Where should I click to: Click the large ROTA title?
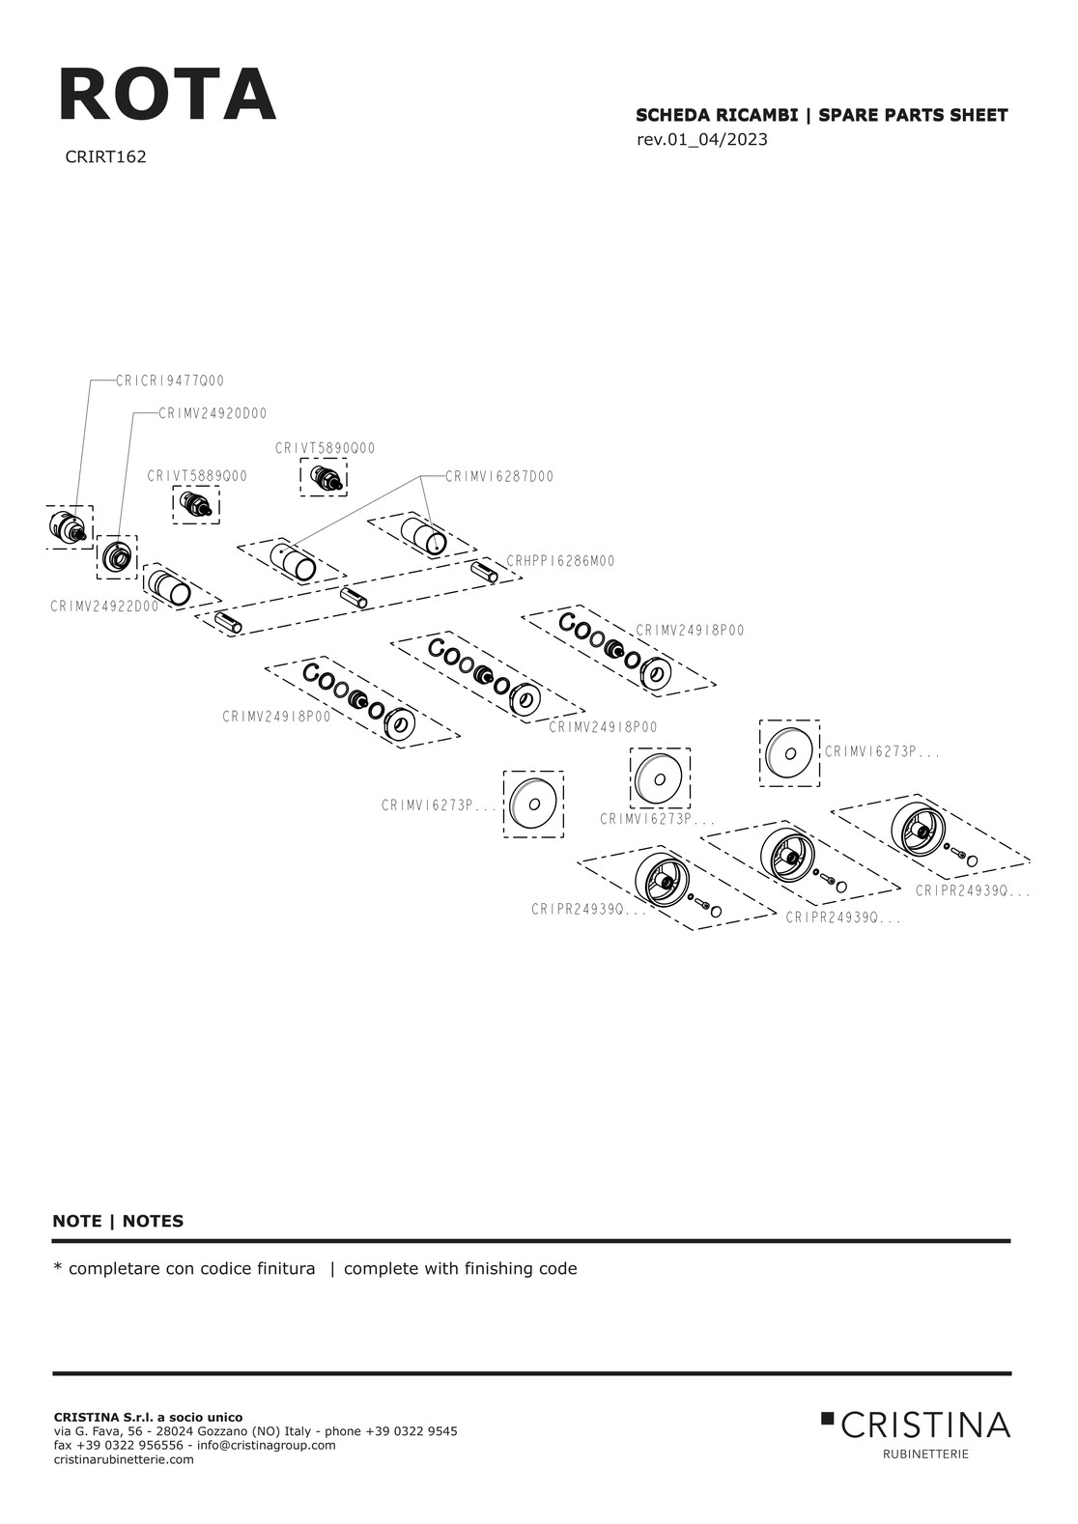[167, 95]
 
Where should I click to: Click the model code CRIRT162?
[105, 156]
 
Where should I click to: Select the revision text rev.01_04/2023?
[701, 139]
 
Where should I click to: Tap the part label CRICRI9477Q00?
[170, 381]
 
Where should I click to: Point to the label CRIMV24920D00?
[213, 413]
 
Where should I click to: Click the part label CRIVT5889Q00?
[197, 476]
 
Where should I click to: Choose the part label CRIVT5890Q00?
[325, 448]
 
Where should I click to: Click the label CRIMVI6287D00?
[499, 476]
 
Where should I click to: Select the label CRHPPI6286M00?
[560, 561]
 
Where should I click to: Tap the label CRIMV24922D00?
[104, 607]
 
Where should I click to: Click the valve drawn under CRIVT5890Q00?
[325, 477]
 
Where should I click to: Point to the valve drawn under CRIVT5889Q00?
[196, 503]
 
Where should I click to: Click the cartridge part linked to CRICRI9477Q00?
[67, 526]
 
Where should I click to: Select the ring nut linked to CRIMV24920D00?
[117, 556]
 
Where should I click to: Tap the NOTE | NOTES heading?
[118, 1221]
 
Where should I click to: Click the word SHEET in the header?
[979, 116]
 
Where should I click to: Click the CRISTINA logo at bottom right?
[915, 1425]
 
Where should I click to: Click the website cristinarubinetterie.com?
[124, 1459]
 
